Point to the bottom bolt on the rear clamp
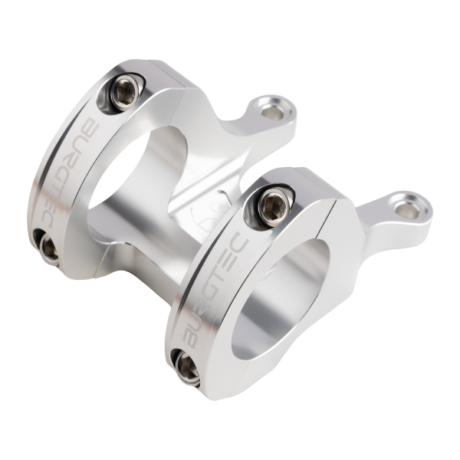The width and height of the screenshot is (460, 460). pos(47,246)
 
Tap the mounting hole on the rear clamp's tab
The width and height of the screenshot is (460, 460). pos(271,112)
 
